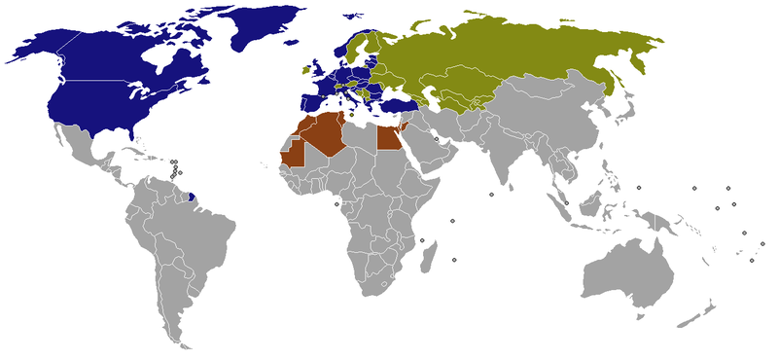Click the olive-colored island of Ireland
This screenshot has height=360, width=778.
pos(305,71)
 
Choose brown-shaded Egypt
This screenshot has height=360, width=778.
pos(389,139)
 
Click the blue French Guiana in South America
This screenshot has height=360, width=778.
pos(193,198)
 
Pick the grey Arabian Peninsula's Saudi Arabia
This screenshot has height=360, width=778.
pos(428,146)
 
